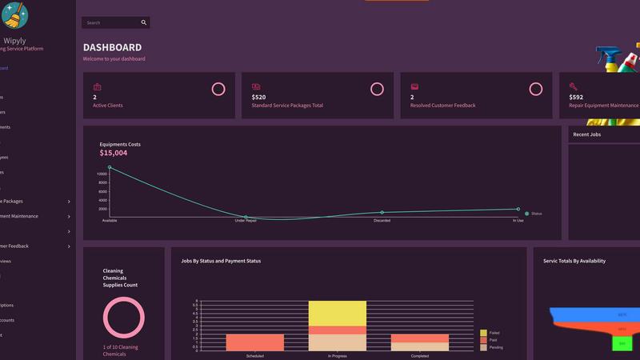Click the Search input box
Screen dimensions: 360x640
click(110, 22)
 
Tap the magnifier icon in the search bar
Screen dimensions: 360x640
click(144, 22)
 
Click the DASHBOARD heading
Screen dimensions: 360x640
click(112, 48)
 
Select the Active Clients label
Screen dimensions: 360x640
click(108, 106)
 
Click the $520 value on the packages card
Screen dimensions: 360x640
click(259, 97)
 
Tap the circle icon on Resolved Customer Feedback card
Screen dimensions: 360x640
click(535, 89)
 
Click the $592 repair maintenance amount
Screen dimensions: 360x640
click(576, 97)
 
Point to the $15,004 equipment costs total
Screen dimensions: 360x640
click(113, 153)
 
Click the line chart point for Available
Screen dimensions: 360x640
click(110, 167)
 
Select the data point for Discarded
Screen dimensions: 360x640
click(382, 212)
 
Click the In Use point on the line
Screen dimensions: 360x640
click(518, 209)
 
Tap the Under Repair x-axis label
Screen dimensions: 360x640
click(246, 221)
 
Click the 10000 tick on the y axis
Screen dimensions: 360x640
click(102, 174)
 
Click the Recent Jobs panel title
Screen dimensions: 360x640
click(586, 134)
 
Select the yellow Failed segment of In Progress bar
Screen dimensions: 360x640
click(336, 313)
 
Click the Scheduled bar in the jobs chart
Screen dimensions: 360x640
click(255, 342)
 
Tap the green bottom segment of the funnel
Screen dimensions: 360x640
click(622, 343)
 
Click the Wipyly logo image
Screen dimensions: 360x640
click(14, 14)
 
